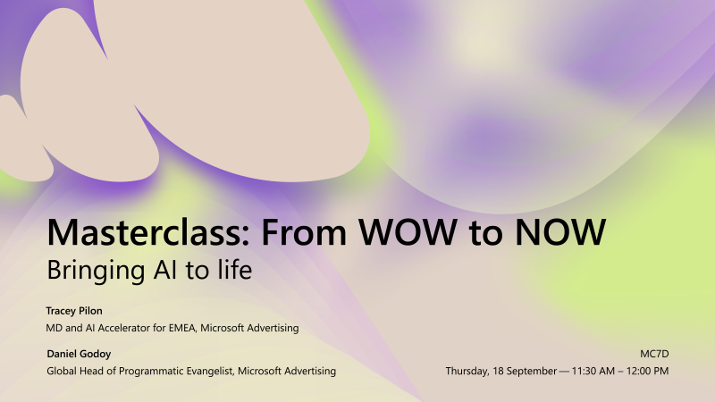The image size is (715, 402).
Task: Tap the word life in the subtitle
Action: [233, 270]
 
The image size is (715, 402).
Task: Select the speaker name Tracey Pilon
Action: [74, 311]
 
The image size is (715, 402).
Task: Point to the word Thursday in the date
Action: [470, 371]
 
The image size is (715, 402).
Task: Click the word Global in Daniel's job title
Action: [62, 371]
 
